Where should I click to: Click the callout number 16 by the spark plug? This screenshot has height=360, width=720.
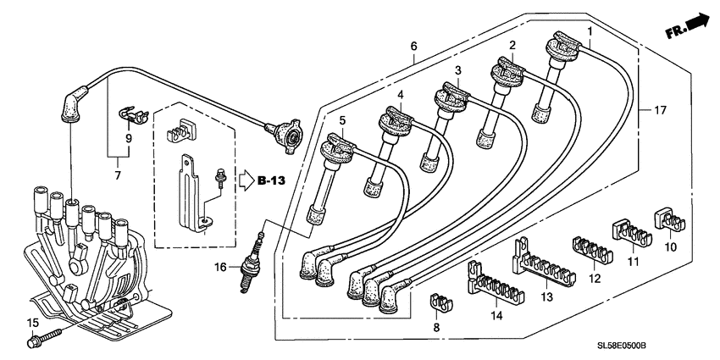(219, 267)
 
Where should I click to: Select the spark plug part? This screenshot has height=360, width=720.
(250, 263)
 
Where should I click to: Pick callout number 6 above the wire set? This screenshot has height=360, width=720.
(414, 47)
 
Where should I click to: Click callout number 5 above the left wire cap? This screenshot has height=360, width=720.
(343, 121)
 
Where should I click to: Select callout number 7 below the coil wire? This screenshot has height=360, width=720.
(118, 175)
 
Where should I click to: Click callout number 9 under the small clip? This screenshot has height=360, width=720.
(129, 137)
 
